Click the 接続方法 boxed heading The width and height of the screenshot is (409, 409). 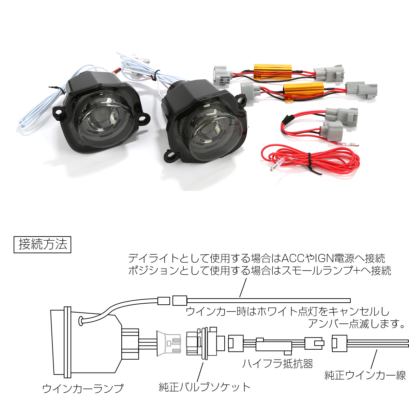(43, 244)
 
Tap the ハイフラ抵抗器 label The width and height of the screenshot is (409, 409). (278, 364)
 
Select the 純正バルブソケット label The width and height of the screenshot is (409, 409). (204, 387)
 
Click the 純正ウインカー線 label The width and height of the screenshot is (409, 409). (365, 375)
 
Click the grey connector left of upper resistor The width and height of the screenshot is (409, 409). (223, 75)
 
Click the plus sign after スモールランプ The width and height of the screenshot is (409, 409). (355, 271)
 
